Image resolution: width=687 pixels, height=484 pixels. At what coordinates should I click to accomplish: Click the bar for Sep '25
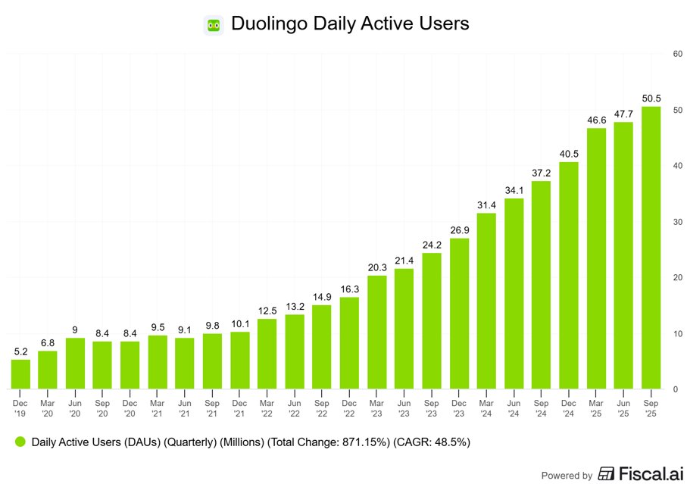[651, 248]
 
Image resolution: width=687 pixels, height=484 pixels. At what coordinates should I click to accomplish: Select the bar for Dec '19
[20, 374]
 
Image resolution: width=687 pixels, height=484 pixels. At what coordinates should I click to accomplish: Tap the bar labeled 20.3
[376, 332]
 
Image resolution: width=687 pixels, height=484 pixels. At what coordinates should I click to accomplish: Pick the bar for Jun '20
[76, 364]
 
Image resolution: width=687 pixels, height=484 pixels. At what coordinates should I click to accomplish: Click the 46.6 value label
[596, 120]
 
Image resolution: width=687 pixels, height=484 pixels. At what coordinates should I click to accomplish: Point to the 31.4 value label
[486, 205]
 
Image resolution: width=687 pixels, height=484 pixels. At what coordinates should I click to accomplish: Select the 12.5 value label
[267, 311]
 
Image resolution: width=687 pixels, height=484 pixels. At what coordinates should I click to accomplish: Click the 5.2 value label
[20, 351]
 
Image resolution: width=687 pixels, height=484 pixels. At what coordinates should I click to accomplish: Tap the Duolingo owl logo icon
[213, 24]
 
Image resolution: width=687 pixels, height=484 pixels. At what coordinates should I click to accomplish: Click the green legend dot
[20, 442]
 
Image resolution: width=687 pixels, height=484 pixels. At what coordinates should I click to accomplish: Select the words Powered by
[567, 476]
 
